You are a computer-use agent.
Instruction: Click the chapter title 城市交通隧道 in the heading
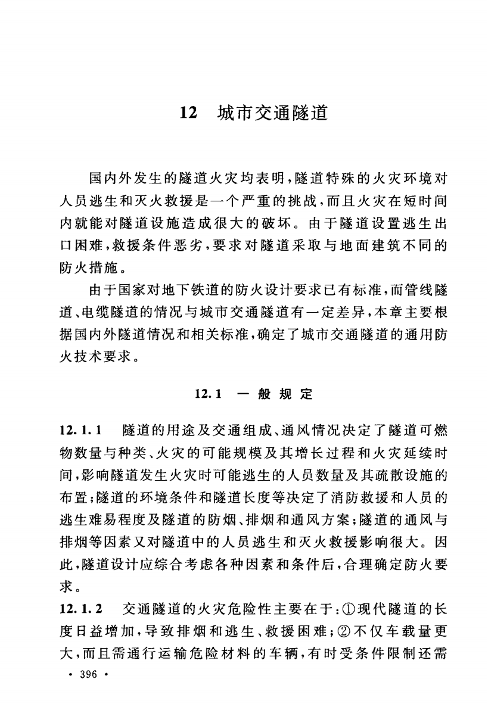click(x=273, y=112)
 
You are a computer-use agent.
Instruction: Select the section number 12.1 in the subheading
click(x=209, y=394)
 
